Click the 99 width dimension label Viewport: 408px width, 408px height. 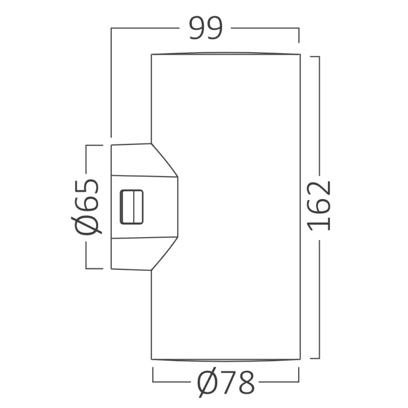click(x=206, y=28)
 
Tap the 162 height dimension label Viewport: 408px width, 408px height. click(x=319, y=206)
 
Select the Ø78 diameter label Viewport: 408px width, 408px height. click(x=225, y=382)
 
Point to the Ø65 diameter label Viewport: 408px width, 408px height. click(x=86, y=206)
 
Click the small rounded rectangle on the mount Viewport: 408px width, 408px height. click(x=132, y=207)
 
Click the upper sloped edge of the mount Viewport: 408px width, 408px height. click(x=164, y=160)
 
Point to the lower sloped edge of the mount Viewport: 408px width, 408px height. click(x=164, y=254)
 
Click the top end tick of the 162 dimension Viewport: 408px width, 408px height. click(x=315, y=57)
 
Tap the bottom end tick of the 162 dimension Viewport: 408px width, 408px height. click(x=315, y=359)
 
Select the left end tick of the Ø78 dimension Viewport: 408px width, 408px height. click(x=153, y=375)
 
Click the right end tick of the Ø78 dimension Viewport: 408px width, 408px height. click(x=299, y=375)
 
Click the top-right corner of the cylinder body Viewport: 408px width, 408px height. click(x=300, y=54)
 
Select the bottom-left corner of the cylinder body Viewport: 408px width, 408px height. click(x=151, y=359)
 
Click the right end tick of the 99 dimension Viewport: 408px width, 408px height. click(x=299, y=35)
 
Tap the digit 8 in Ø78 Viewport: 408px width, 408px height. click(x=246, y=383)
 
